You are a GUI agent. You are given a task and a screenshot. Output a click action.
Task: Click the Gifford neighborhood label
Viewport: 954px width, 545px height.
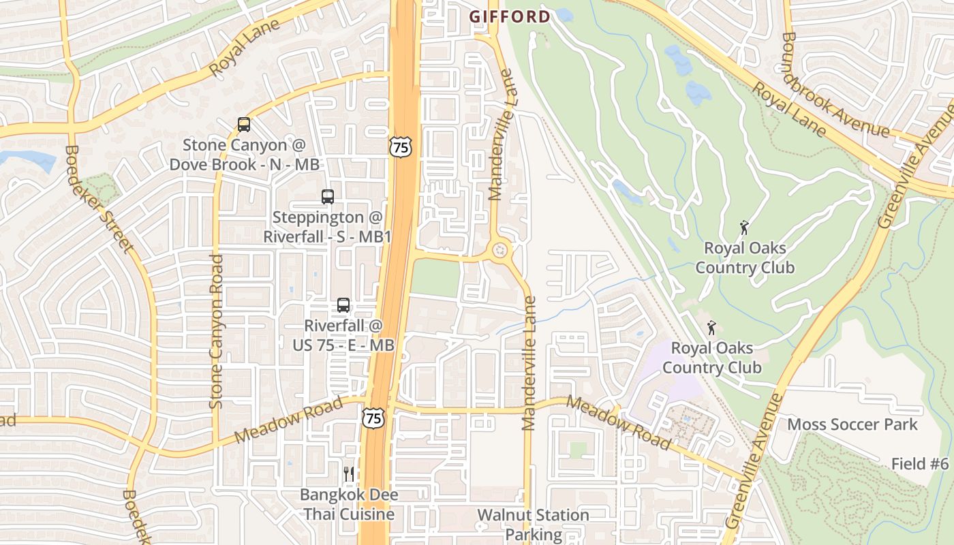tap(510, 16)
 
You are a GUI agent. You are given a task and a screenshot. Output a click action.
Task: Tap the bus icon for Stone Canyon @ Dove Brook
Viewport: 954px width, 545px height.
tap(244, 124)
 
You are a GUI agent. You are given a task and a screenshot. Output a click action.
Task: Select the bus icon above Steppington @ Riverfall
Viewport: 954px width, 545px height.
tap(328, 196)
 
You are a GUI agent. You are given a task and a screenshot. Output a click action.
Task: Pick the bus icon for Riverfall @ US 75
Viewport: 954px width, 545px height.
tap(343, 305)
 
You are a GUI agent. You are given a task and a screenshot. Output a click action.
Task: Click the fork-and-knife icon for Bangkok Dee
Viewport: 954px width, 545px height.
tap(349, 473)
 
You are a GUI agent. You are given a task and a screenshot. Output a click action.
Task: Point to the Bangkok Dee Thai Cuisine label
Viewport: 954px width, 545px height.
tap(350, 504)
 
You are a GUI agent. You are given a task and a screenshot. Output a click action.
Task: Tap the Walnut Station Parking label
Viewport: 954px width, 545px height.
tap(533, 525)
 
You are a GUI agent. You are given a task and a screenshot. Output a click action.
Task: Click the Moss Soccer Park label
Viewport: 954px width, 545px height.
tap(852, 424)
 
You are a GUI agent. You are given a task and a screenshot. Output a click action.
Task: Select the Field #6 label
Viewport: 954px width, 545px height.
tap(919, 464)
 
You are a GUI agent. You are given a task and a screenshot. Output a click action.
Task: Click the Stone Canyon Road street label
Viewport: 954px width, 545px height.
tap(217, 332)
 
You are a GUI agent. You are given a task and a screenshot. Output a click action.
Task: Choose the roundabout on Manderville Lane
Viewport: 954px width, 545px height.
tap(502, 250)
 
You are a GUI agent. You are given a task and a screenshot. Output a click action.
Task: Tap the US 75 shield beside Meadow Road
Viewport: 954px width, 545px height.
tap(373, 418)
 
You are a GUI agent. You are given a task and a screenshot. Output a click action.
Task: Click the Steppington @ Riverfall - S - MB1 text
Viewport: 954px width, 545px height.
tap(328, 226)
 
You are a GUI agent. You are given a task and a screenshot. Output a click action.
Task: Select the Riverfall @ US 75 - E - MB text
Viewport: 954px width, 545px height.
tap(343, 335)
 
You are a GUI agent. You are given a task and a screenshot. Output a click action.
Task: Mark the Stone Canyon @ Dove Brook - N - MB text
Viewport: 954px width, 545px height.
tap(245, 155)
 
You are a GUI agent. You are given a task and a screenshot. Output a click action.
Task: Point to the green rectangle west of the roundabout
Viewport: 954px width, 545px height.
tap(436, 278)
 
